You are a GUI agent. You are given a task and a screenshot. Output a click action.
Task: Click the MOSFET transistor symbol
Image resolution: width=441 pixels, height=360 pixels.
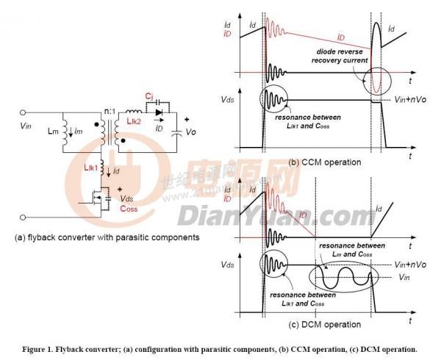[96, 199]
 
